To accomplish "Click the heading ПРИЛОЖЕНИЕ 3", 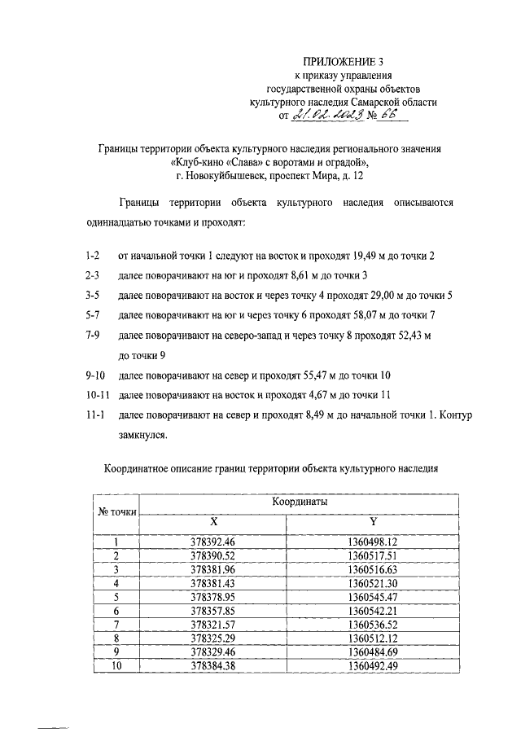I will pos(343,61).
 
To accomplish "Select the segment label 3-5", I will pos(94,295).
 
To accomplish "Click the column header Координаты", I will pos(300,504).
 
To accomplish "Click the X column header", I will pos(213,521).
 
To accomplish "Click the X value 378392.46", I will pos(213,542).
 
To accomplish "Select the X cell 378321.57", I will pos(213,625).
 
